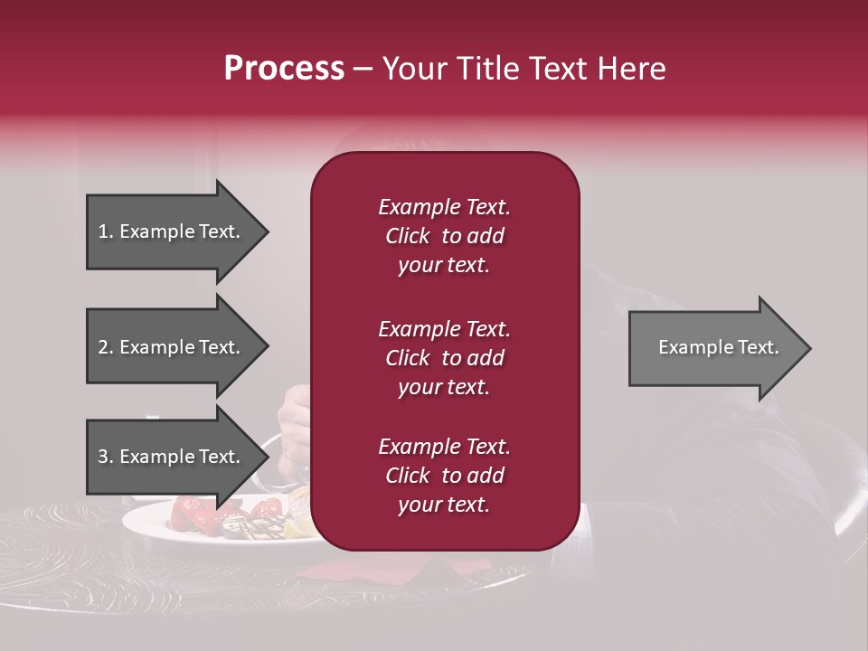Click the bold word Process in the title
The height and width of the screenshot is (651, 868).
[x=284, y=69]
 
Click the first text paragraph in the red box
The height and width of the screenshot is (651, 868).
[x=444, y=236]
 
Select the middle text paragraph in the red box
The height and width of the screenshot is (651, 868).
[x=444, y=358]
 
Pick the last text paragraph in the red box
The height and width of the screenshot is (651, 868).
[x=444, y=476]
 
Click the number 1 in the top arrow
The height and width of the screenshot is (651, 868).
[x=102, y=231]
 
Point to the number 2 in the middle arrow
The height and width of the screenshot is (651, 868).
[x=102, y=347]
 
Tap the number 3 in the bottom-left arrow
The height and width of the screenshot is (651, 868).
[x=102, y=457]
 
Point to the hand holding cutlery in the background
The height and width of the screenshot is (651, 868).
[x=295, y=411]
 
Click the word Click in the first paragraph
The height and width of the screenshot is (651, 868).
[x=407, y=236]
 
